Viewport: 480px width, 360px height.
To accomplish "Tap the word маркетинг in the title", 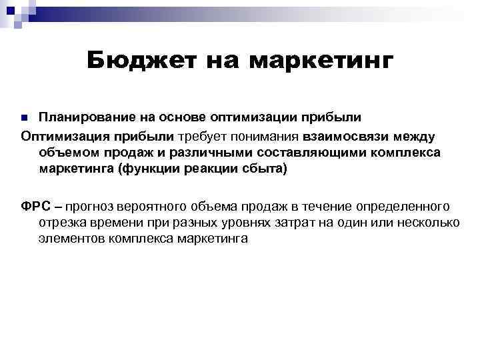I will (321, 61).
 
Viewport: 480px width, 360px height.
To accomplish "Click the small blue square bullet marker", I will (25, 118).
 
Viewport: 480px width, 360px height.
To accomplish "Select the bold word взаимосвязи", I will (350, 136).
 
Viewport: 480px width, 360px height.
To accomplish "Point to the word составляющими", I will (303, 153).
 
